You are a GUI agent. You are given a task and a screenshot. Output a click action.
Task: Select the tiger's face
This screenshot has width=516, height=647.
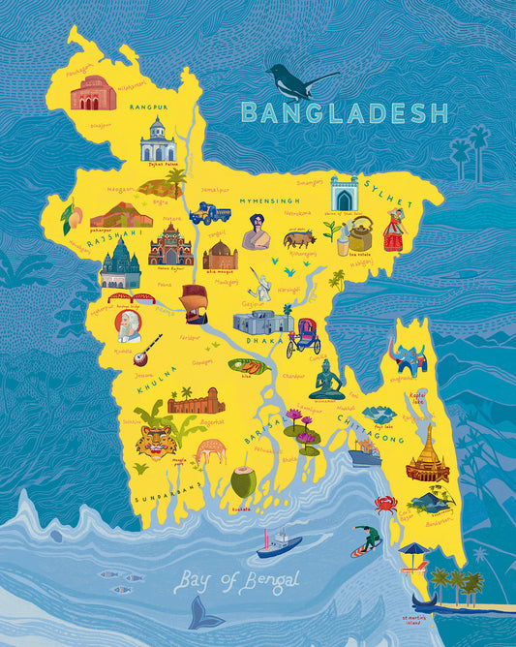[x=153, y=442]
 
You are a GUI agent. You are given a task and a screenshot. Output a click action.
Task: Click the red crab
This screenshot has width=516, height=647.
[x=385, y=504]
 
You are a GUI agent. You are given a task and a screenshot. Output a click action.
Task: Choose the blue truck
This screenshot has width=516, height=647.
[x=209, y=212]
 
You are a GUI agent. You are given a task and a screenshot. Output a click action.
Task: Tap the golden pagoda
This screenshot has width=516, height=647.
[x=426, y=457]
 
